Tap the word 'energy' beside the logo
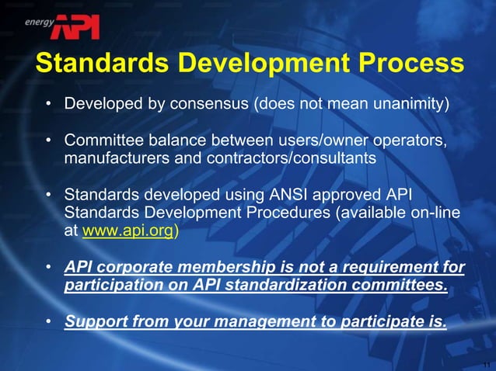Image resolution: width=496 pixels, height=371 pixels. [x=40, y=23]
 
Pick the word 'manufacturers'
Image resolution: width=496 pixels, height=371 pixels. [x=110, y=158]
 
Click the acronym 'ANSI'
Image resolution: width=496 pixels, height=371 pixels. [x=307, y=195]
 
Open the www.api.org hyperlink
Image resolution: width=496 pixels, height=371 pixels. [x=128, y=231]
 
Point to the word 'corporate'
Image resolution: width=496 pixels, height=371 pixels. [x=137, y=268]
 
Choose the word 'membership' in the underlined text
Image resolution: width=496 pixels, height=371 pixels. [x=225, y=268]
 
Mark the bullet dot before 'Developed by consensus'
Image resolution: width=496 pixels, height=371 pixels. [x=48, y=104]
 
